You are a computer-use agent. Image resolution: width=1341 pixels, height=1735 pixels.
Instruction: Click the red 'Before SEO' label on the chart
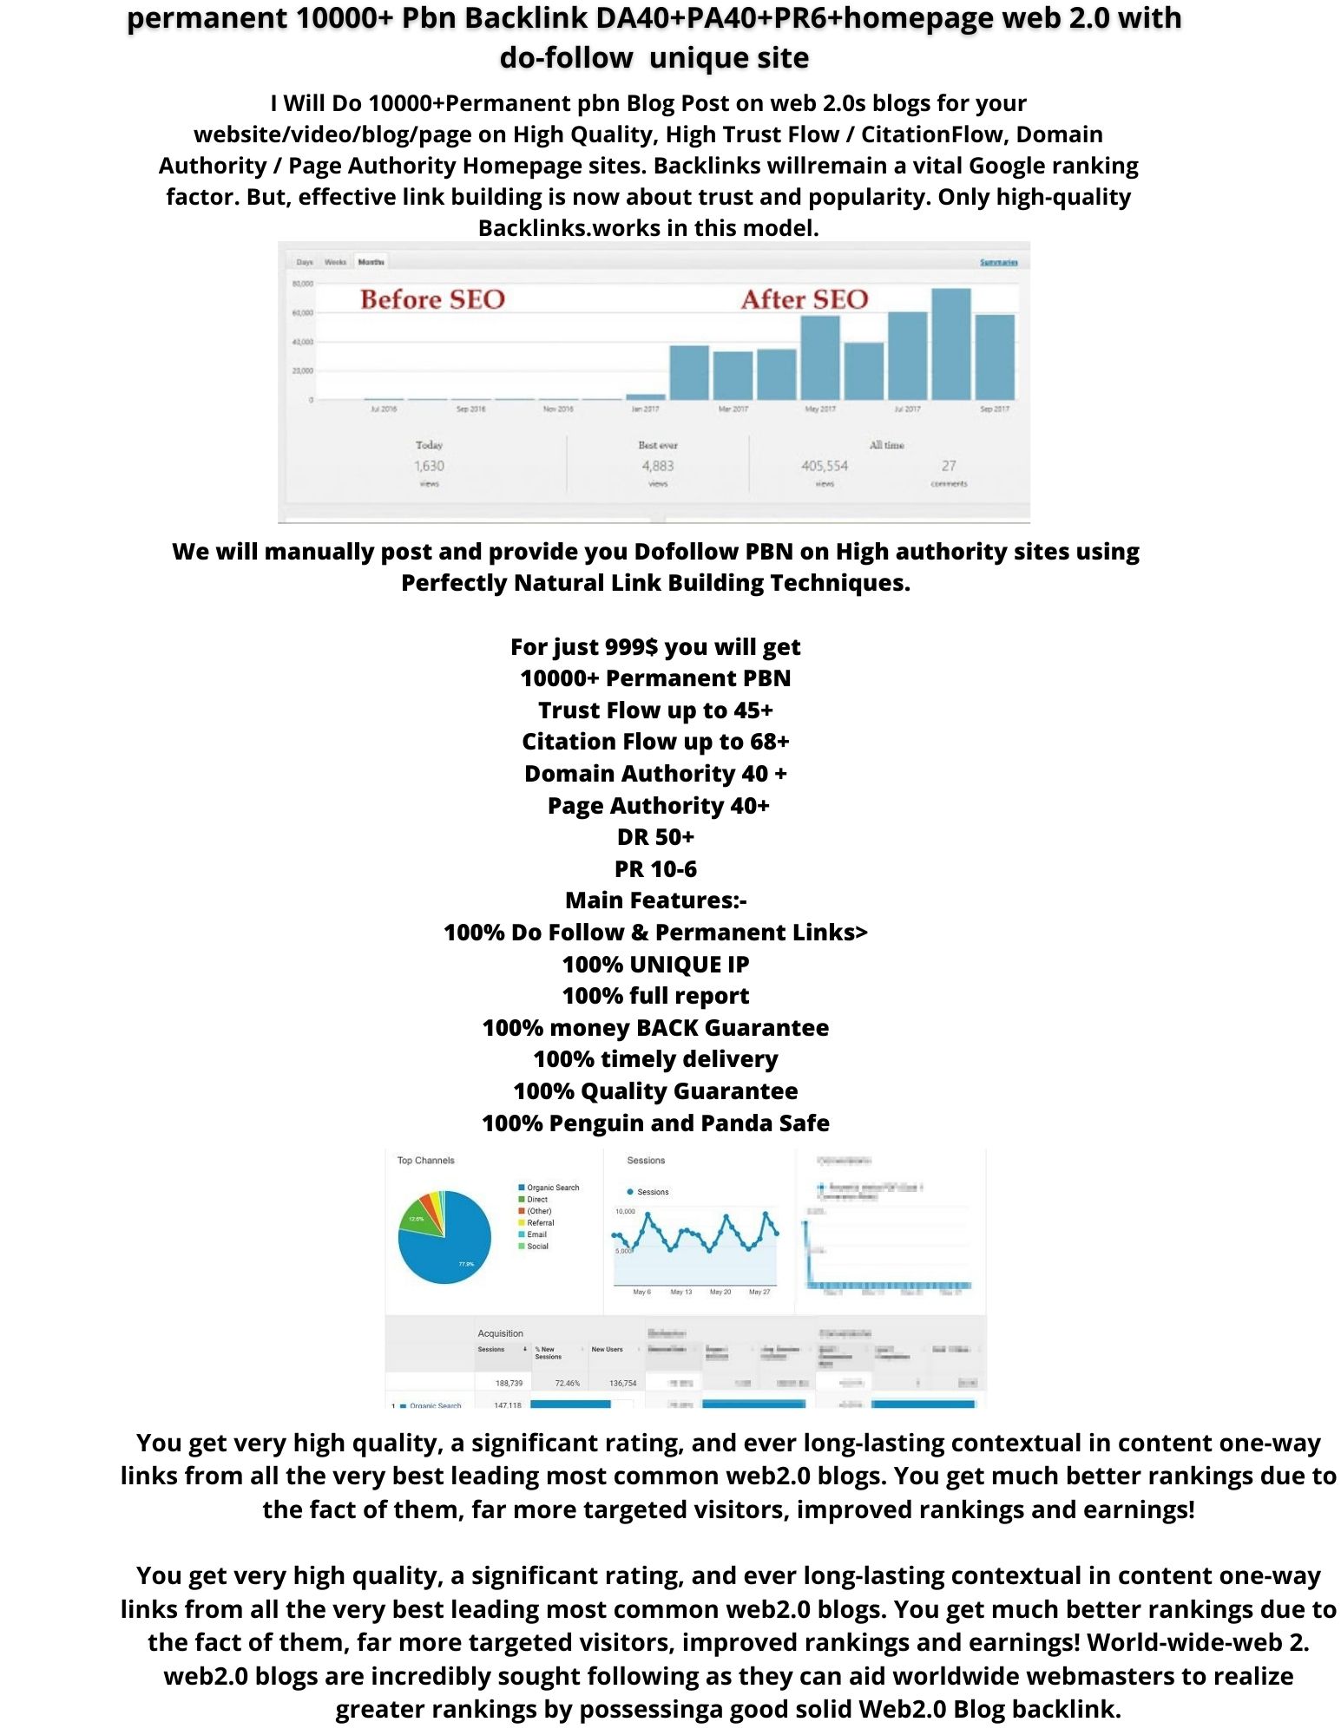(432, 299)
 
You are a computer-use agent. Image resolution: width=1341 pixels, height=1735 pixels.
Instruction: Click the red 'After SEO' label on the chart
(804, 299)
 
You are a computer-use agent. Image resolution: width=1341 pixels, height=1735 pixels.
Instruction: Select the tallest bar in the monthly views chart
(950, 344)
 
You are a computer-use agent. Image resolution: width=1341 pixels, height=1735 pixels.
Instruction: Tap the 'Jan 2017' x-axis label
(645, 409)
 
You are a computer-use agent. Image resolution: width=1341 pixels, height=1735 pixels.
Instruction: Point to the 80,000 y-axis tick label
(302, 284)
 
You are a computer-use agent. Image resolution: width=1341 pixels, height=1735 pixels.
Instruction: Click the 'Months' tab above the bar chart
(371, 261)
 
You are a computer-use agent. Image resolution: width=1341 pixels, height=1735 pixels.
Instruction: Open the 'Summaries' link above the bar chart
(998, 262)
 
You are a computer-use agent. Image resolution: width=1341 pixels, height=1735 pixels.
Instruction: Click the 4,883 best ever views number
(658, 466)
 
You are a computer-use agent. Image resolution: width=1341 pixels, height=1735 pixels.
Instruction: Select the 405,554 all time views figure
(825, 466)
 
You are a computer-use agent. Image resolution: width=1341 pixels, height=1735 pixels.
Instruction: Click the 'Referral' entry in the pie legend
(540, 1222)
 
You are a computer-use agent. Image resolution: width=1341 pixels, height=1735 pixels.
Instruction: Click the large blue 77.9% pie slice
(451, 1254)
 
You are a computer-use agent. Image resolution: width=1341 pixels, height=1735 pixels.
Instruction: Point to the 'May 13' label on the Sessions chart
(681, 1292)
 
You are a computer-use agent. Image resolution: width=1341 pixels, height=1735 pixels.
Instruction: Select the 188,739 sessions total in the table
(509, 1383)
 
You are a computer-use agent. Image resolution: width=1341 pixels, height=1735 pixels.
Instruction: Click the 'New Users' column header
(608, 1349)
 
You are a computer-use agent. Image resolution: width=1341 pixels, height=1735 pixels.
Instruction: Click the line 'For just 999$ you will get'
(655, 647)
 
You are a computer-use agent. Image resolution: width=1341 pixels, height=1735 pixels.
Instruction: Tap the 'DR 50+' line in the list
(655, 837)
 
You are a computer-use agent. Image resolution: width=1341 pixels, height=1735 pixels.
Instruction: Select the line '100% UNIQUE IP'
(655, 964)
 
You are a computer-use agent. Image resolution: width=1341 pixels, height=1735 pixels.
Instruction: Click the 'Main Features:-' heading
(655, 900)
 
